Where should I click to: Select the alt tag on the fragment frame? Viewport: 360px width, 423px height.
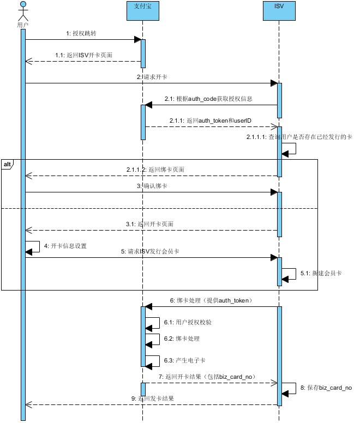point(7,164)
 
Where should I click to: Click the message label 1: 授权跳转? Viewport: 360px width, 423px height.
point(81,33)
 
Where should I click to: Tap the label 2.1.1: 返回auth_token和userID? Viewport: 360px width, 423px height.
point(211,120)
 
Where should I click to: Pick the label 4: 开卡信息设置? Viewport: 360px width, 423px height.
point(65,246)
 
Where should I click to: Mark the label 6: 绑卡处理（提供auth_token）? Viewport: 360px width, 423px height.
point(210,300)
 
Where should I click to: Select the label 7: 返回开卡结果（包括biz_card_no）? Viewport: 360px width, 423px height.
point(207,377)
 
